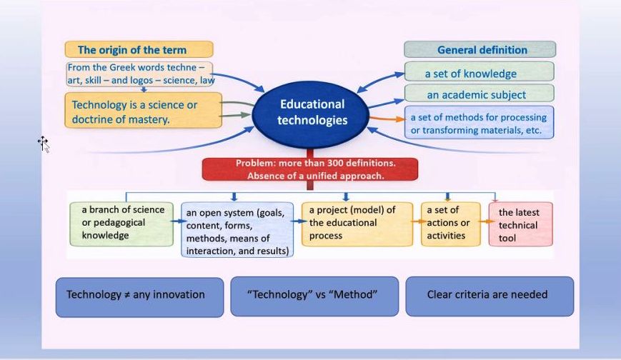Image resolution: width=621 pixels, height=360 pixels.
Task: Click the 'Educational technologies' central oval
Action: (311, 113)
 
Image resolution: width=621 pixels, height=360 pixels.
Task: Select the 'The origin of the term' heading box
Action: (139, 50)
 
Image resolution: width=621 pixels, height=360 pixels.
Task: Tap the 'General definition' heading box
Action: (480, 50)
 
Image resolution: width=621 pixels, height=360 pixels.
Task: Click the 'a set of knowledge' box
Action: (479, 72)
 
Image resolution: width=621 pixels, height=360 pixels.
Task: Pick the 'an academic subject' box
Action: (479, 94)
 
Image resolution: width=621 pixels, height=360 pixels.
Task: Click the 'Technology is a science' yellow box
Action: (142, 111)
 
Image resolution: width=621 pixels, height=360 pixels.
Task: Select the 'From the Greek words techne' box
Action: (140, 74)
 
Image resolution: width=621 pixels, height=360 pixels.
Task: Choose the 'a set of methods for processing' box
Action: (479, 123)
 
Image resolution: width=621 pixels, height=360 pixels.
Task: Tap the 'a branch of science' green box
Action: (121, 223)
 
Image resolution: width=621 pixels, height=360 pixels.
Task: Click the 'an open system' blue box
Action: (237, 231)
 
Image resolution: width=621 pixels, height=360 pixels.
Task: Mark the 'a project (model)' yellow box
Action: (357, 223)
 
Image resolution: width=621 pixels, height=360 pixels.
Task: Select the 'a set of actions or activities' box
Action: (450, 223)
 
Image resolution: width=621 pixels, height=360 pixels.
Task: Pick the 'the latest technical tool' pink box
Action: (520, 224)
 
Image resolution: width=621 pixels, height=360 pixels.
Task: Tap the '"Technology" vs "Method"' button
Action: (314, 296)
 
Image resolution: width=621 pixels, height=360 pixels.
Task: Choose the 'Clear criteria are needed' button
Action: (489, 296)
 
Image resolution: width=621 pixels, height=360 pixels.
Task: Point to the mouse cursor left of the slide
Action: (43, 144)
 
